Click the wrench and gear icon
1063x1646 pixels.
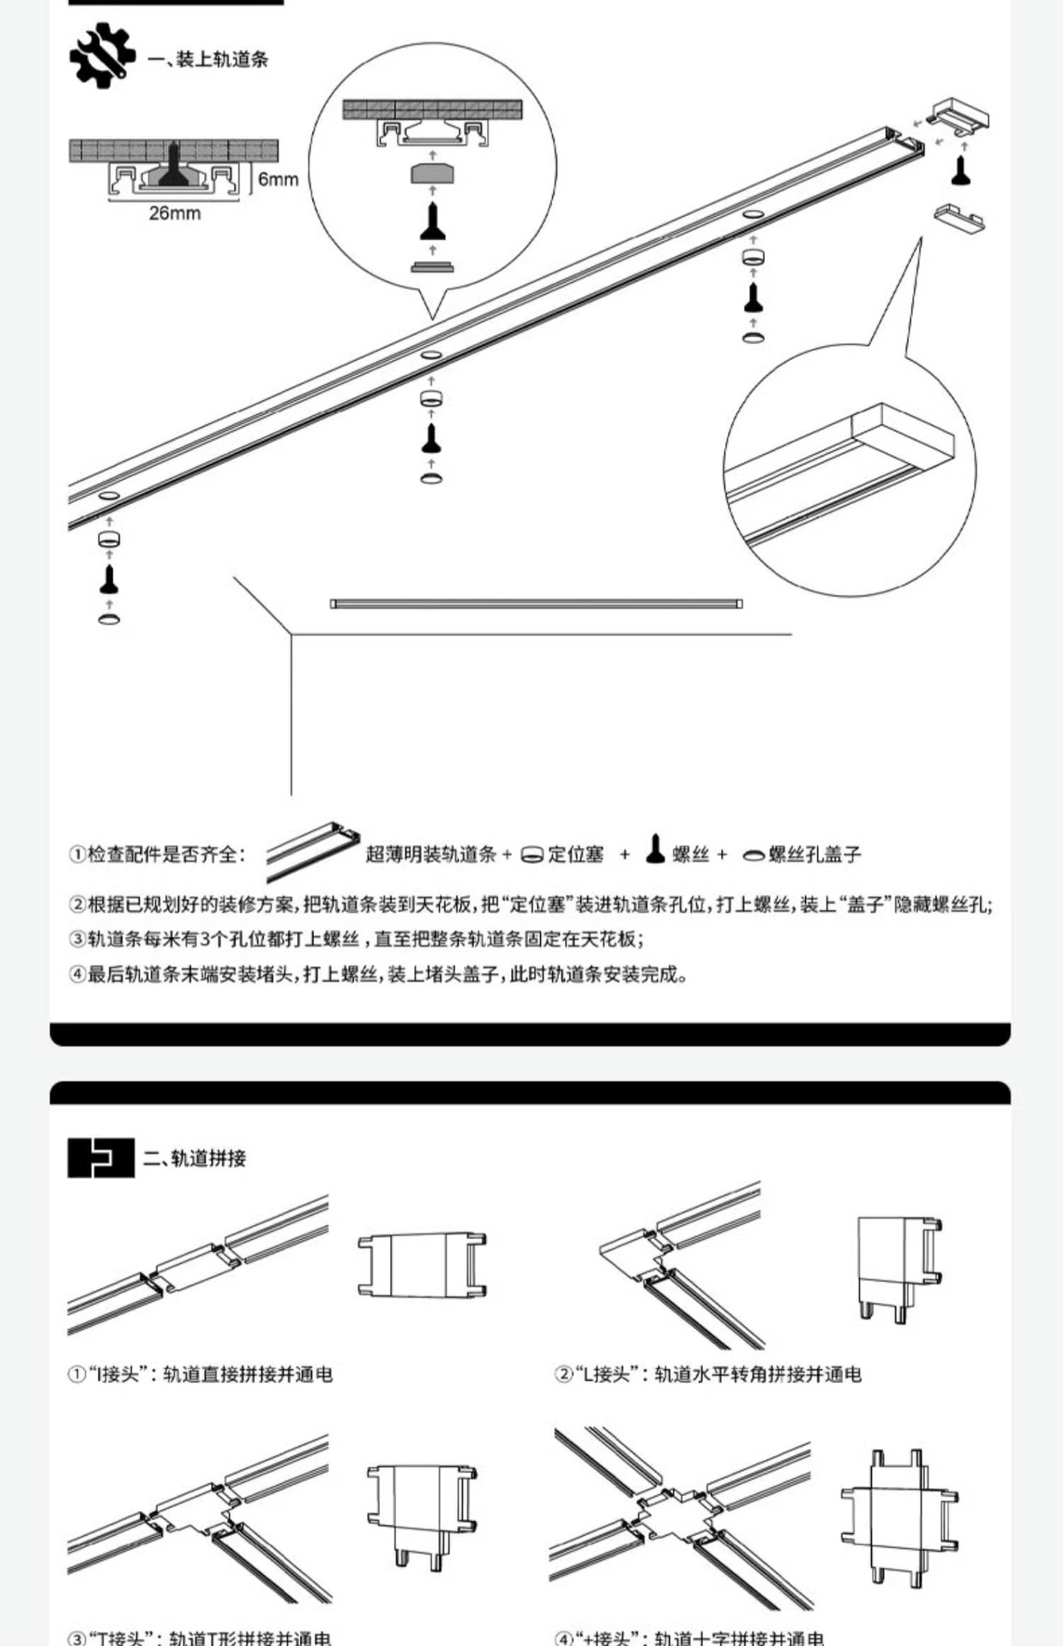point(102,56)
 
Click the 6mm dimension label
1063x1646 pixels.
point(278,179)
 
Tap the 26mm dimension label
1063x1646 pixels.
point(175,213)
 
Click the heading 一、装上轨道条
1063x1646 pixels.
point(209,59)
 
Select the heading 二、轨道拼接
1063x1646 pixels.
point(195,1158)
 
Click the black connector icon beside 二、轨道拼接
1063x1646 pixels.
point(101,1157)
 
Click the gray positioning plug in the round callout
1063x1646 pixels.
point(432,174)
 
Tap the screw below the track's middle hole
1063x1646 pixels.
point(431,438)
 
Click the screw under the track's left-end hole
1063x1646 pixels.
point(109,579)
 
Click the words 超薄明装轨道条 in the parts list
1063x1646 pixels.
point(431,854)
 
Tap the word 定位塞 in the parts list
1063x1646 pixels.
point(576,854)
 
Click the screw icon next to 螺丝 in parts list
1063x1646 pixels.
point(656,849)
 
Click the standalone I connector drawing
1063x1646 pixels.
point(422,1265)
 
